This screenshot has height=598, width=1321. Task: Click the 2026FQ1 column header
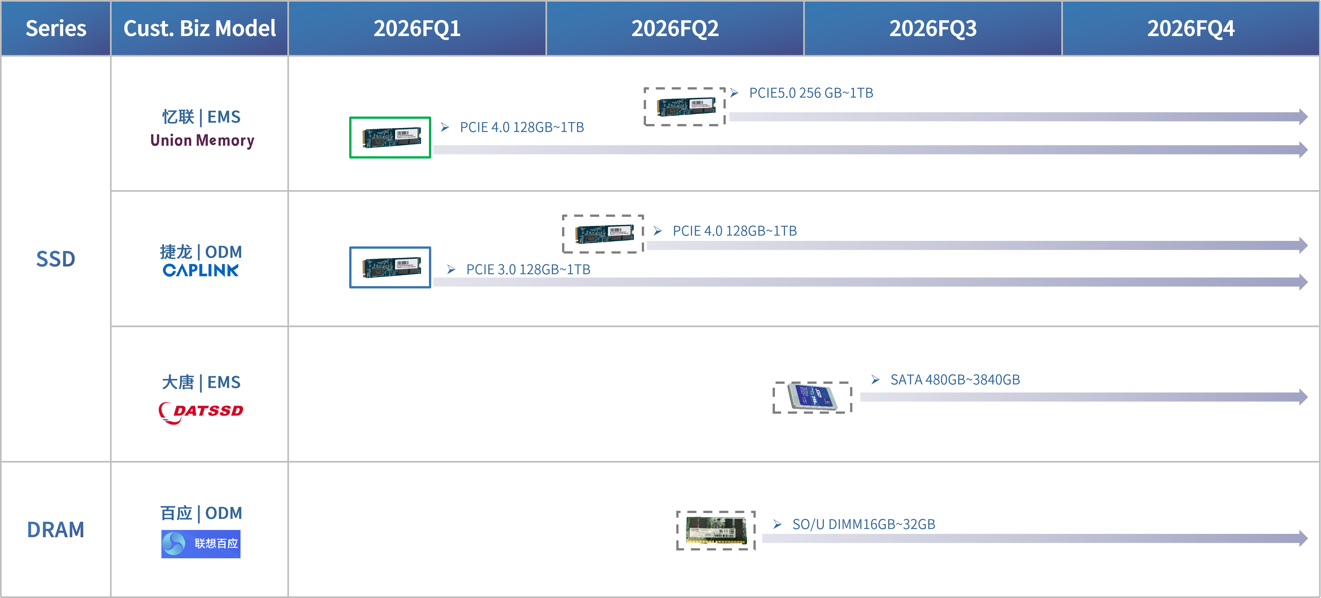point(417,28)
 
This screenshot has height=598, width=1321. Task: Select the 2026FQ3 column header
point(933,28)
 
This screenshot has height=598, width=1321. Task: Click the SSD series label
point(55,259)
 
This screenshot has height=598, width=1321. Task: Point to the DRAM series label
point(55,530)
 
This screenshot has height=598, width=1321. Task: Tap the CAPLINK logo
point(200,270)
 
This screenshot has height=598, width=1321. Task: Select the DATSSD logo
point(201,412)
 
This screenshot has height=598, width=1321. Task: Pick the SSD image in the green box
point(390,137)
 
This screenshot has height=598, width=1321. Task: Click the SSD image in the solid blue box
point(390,267)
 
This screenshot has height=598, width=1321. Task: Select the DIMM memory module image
point(716,530)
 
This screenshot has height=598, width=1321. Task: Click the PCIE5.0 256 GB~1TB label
point(811,93)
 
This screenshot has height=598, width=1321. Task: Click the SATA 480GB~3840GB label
point(955,380)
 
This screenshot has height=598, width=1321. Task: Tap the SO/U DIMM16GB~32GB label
point(863,524)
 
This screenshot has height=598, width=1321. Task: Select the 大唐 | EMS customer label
point(201,382)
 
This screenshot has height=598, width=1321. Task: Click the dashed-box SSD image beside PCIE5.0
point(685,107)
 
